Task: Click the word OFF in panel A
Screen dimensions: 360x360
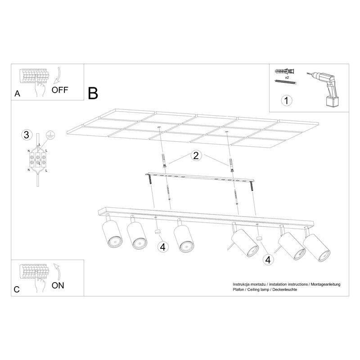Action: [60, 90]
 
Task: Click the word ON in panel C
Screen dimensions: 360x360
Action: [58, 285]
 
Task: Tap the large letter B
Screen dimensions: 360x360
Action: [93, 93]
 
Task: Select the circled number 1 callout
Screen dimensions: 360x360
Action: [286, 100]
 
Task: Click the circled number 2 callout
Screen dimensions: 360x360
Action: [196, 155]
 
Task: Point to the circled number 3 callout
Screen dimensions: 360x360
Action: [27, 135]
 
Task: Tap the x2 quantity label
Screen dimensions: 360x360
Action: [287, 77]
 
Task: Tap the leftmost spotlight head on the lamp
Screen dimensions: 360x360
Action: [112, 234]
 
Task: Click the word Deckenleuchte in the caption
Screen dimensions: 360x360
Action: [285, 289]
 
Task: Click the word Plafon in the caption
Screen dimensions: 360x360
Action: [238, 289]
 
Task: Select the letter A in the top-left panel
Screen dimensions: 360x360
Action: [17, 94]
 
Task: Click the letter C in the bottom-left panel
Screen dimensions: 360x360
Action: [17, 289]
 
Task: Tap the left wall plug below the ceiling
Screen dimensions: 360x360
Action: [164, 160]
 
